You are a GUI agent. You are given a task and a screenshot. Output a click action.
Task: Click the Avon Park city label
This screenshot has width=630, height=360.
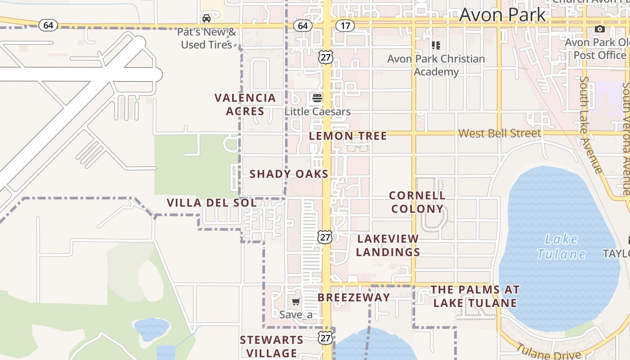(x=502, y=15)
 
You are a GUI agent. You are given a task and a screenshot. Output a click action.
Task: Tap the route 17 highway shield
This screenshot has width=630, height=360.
(x=345, y=26)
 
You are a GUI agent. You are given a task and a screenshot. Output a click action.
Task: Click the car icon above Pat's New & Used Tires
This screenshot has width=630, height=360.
(x=207, y=18)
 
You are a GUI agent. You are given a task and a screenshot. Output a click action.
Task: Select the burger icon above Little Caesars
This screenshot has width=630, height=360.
(x=317, y=98)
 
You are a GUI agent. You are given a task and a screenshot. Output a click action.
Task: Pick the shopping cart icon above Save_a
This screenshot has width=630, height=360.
(x=296, y=302)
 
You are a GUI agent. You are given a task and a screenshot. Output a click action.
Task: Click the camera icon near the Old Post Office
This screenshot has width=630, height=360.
(x=599, y=29)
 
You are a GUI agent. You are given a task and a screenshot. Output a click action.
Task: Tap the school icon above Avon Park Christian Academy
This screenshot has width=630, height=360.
(x=436, y=45)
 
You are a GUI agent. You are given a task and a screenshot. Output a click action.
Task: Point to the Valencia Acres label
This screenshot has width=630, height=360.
(x=245, y=104)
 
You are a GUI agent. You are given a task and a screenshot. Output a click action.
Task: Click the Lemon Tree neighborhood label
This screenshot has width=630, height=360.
(x=348, y=136)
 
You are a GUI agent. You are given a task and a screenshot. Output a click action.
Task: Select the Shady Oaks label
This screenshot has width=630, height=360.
(x=289, y=174)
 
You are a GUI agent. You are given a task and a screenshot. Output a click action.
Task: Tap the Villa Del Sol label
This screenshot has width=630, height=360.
(x=211, y=203)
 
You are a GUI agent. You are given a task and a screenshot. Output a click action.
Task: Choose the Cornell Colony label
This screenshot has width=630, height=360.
(x=417, y=202)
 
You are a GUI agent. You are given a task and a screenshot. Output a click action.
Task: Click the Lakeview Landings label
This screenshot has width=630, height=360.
(x=388, y=245)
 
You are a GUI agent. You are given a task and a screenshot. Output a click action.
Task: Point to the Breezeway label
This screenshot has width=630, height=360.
(x=354, y=297)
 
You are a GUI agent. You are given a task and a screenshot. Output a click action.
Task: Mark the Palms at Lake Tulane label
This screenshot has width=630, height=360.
(x=475, y=296)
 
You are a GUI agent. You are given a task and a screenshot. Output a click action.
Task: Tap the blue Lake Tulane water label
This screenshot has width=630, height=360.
(x=561, y=247)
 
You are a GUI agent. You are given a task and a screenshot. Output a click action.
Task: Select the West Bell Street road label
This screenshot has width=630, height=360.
(x=499, y=133)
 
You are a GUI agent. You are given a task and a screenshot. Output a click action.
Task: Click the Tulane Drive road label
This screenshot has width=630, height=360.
(x=542, y=351)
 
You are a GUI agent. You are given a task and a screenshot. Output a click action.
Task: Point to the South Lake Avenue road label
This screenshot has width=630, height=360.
(x=590, y=125)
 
